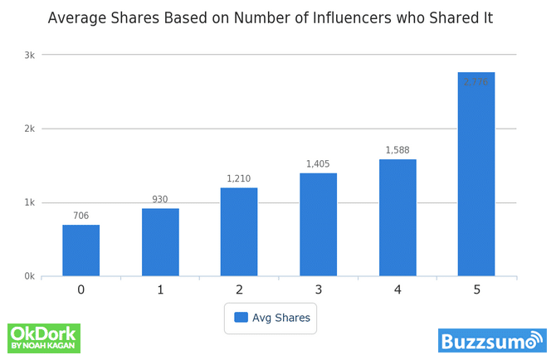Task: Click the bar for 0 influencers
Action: [80, 251]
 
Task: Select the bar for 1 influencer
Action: [160, 242]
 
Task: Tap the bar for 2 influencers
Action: [239, 231]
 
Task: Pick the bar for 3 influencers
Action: [318, 224]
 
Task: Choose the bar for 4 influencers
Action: [397, 217]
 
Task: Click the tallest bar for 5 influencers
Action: [476, 174]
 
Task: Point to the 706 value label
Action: [80, 216]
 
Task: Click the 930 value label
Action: [160, 200]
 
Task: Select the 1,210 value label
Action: [239, 179]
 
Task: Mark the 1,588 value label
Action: [397, 151]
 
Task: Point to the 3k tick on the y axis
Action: [29, 56]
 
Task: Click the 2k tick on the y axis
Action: [29, 129]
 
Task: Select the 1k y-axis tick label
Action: [29, 203]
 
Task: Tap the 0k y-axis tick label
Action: [29, 277]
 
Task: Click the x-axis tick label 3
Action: [318, 289]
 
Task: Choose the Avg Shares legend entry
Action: [271, 317]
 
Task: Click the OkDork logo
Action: [43, 338]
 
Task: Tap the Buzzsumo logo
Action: [492, 341]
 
